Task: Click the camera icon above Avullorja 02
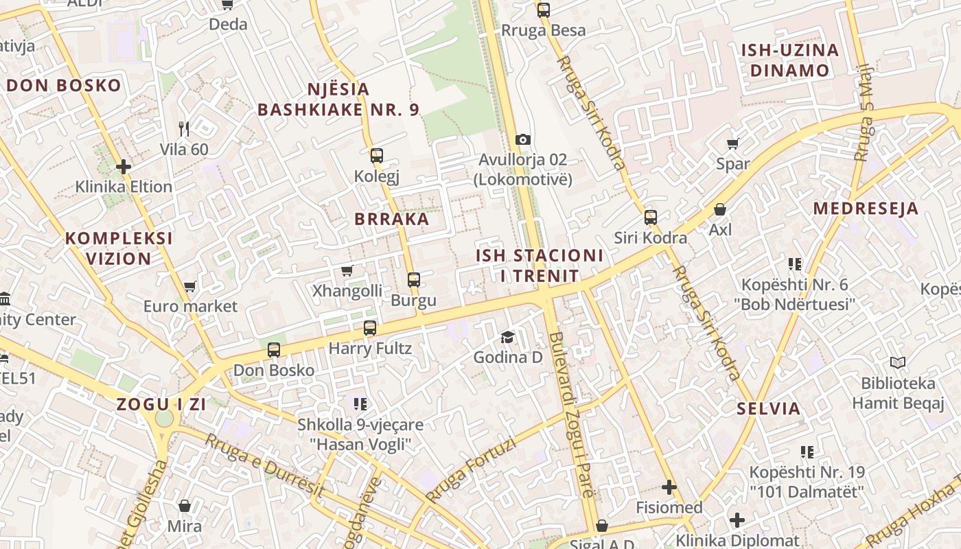(523, 139)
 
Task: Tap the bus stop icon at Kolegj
(376, 155)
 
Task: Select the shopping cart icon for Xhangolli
(347, 270)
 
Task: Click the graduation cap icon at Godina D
(507, 336)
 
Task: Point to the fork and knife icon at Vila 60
(183, 128)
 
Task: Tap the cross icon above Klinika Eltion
(124, 166)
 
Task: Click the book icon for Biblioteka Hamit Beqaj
(898, 362)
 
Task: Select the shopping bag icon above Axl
(720, 209)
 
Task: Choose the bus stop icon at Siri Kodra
(650, 218)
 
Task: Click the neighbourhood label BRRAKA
(391, 219)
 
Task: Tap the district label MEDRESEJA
(866, 209)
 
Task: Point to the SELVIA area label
(769, 408)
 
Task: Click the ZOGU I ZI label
(161, 404)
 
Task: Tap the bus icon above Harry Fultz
(370, 327)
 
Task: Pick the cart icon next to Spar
(732, 143)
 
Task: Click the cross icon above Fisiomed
(669, 487)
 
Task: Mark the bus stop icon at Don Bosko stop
(273, 349)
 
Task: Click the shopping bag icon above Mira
(184, 506)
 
